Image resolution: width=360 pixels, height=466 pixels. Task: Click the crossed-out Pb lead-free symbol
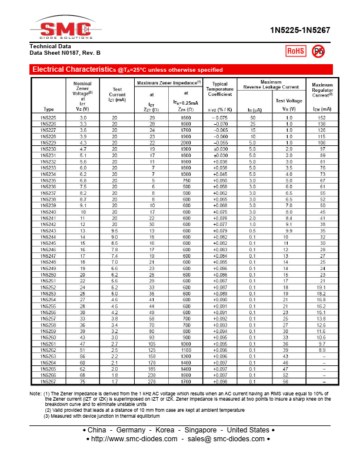(x=318, y=51)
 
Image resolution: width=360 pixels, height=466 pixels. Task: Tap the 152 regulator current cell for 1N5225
(x=322, y=118)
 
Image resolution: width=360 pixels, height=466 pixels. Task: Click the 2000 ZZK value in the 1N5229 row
(x=186, y=143)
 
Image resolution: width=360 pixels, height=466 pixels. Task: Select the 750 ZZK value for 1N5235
(x=186, y=181)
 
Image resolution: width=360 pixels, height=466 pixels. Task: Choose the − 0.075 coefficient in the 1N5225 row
(x=220, y=118)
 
